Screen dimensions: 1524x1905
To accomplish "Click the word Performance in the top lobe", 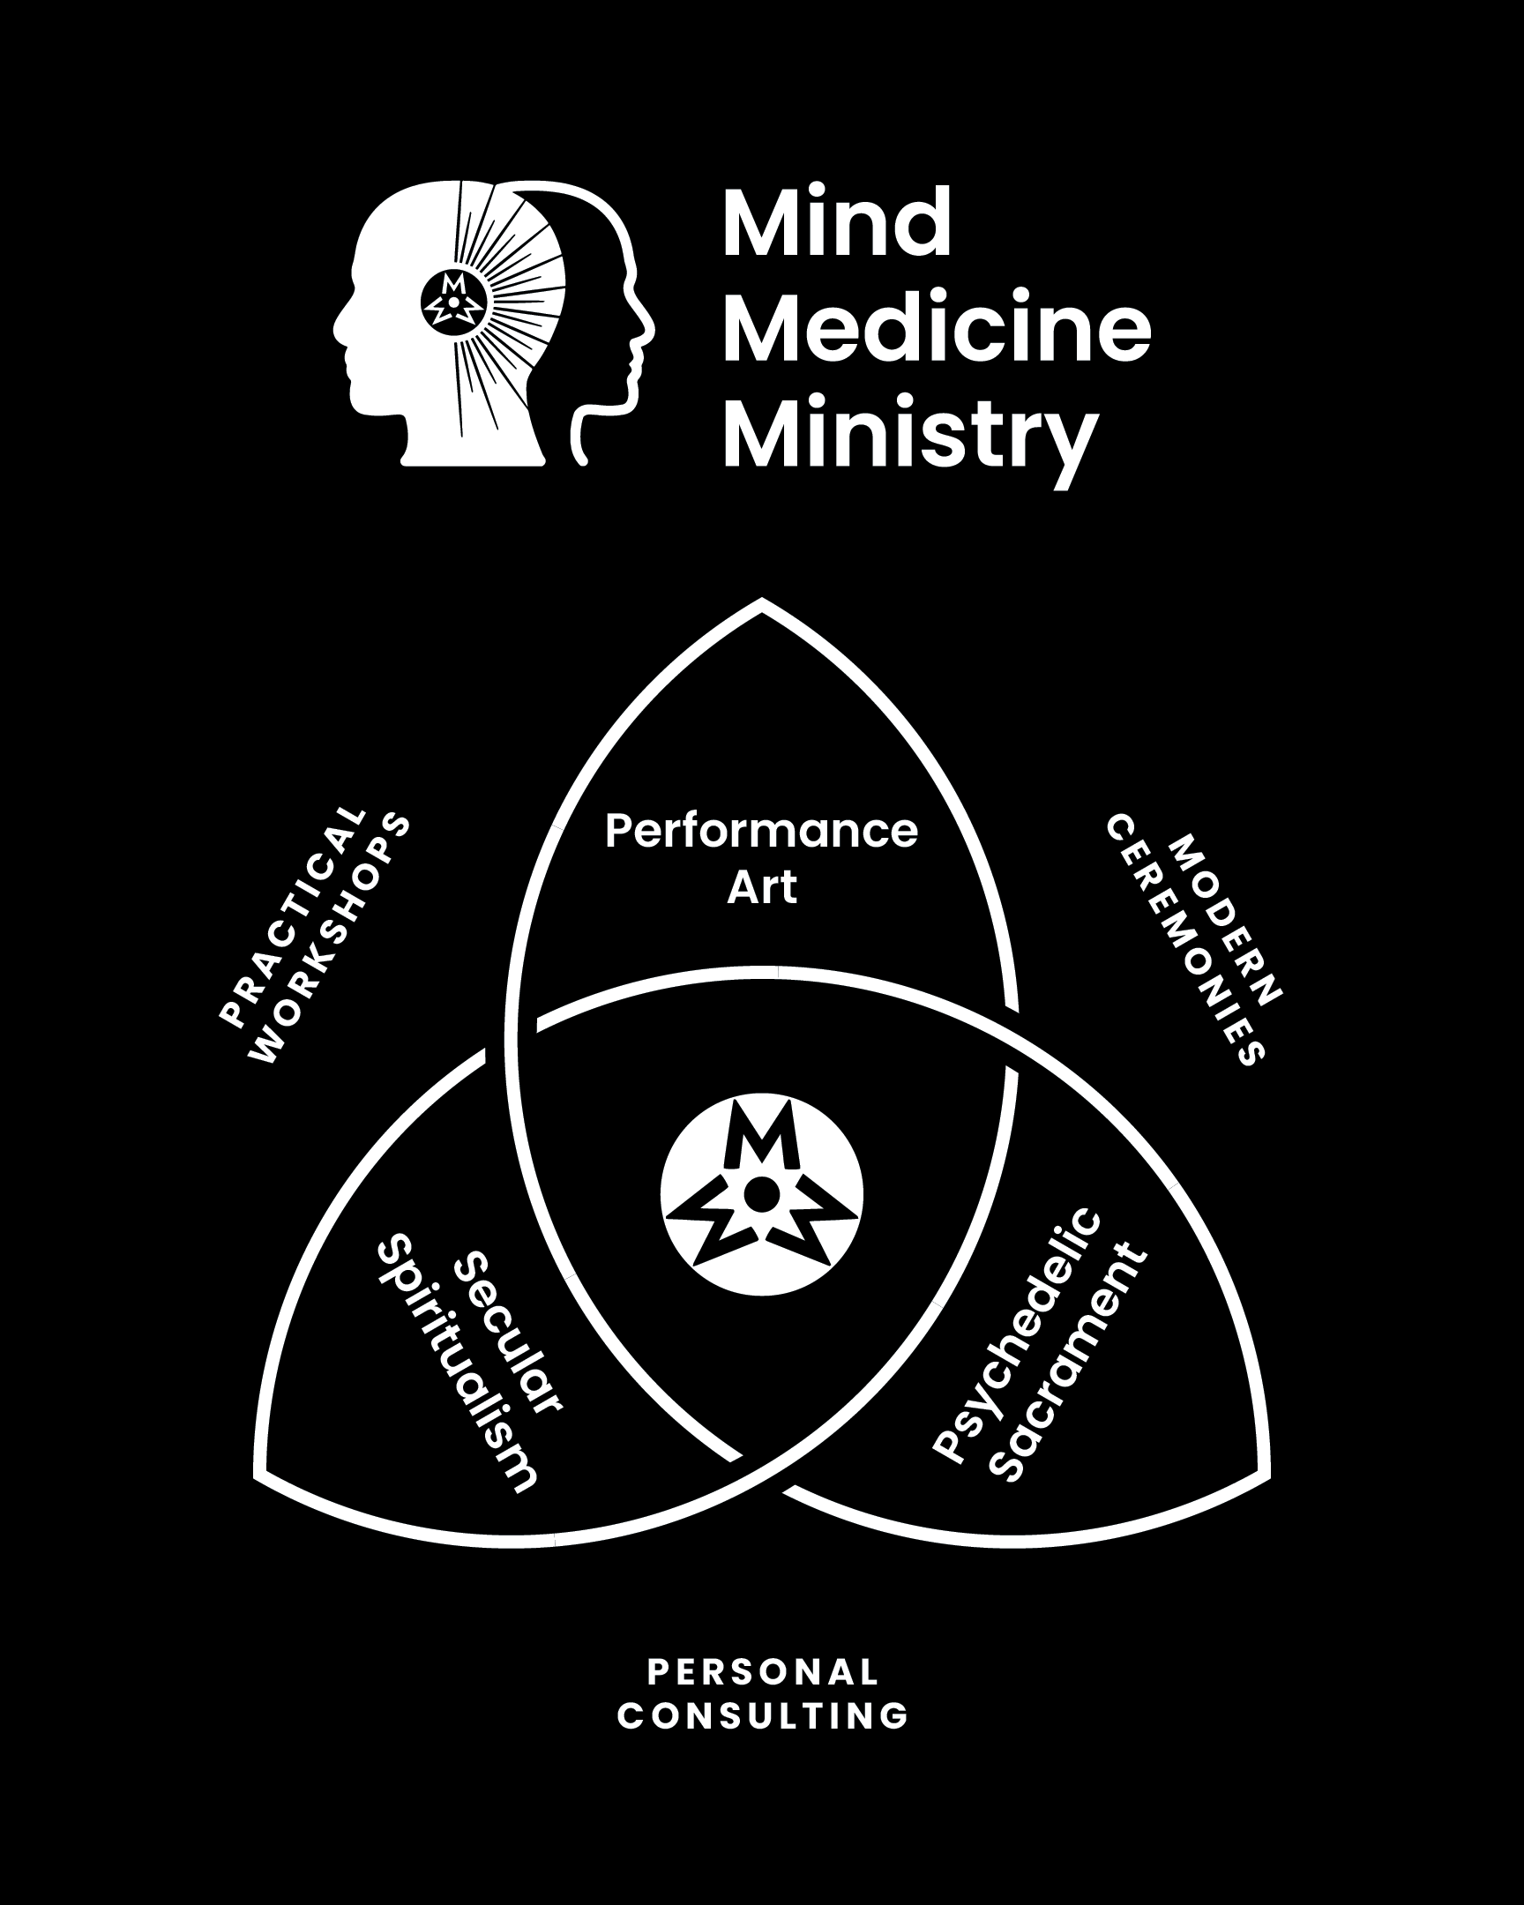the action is (761, 832).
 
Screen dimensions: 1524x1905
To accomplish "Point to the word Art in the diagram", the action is (761, 887).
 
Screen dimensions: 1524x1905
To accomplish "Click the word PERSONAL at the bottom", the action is (764, 1672).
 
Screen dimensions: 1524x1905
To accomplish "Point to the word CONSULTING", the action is (764, 1716).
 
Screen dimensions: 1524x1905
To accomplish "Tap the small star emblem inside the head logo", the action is (453, 301).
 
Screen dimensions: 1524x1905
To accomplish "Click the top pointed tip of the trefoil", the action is (761, 603).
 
